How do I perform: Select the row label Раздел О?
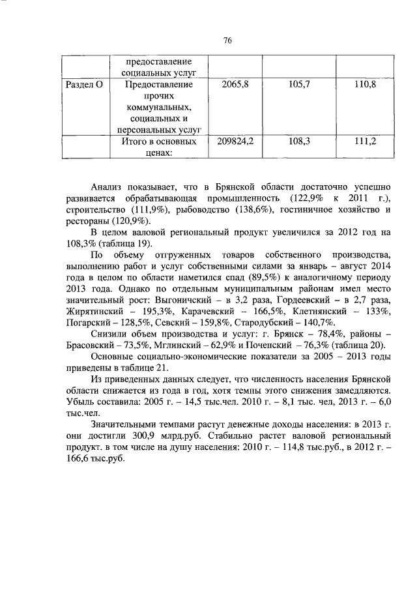[87, 85]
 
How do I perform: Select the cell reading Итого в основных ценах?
[160, 147]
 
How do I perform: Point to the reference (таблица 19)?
[124, 243]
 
